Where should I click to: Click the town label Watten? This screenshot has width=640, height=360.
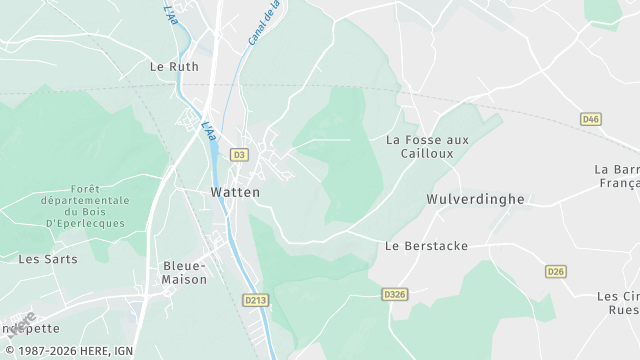pos(235,191)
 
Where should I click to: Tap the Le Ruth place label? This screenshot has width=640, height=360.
pos(174,67)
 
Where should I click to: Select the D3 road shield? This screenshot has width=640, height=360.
pos(239,155)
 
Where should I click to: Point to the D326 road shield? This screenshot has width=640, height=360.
pos(394,294)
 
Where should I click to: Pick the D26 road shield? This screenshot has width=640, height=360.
pos(556,272)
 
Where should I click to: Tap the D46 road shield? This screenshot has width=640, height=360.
pos(591,119)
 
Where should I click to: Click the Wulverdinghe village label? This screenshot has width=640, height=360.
pos(475,199)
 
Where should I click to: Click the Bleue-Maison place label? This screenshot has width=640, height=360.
pos(184,272)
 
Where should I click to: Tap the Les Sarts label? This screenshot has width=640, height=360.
pos(42,258)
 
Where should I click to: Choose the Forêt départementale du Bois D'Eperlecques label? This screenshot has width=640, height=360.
pos(98,206)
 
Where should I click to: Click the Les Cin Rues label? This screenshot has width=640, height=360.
pos(618,303)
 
